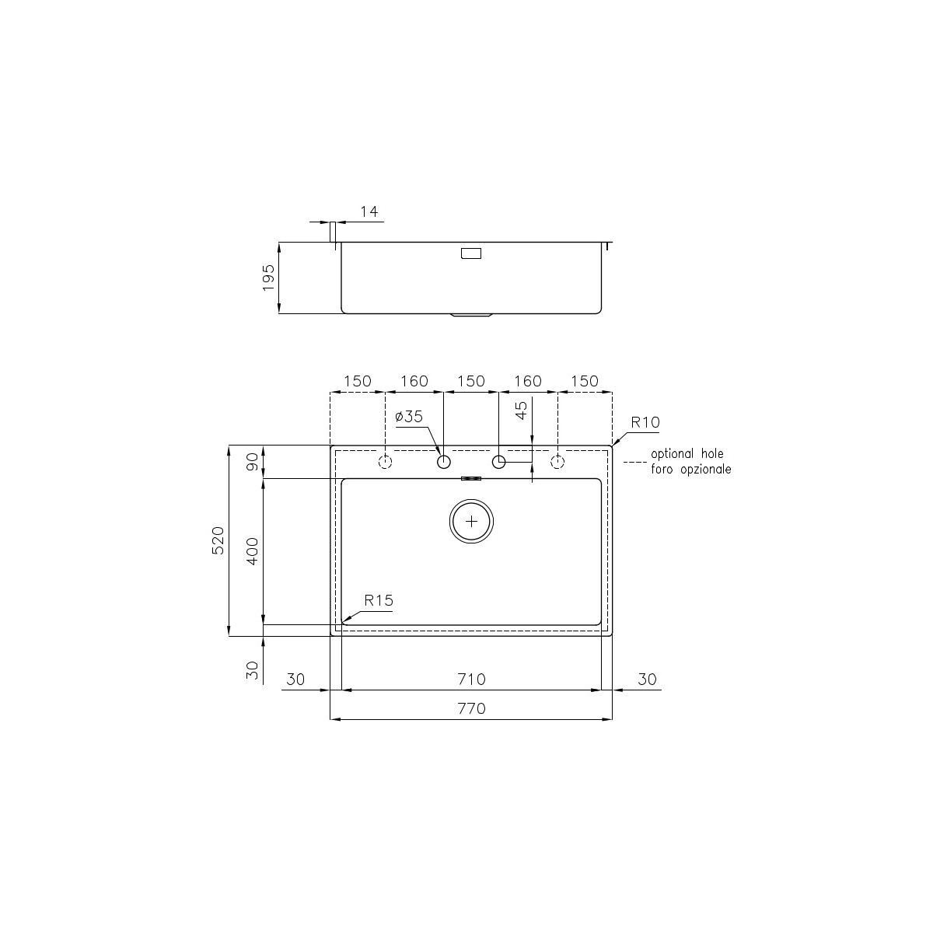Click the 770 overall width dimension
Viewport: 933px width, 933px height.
[x=471, y=708]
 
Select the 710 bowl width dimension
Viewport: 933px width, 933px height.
[x=471, y=680]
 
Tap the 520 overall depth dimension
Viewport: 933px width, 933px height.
[x=218, y=540]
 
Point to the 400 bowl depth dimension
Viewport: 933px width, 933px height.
[x=252, y=551]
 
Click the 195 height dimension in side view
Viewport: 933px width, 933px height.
[x=268, y=278]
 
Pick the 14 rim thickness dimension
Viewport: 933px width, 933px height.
[x=369, y=211]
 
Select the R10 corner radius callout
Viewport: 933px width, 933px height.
[x=645, y=422]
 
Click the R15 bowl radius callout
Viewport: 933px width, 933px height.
[x=379, y=601]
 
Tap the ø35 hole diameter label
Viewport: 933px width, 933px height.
[x=409, y=417]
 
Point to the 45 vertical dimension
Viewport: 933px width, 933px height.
[x=522, y=411]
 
